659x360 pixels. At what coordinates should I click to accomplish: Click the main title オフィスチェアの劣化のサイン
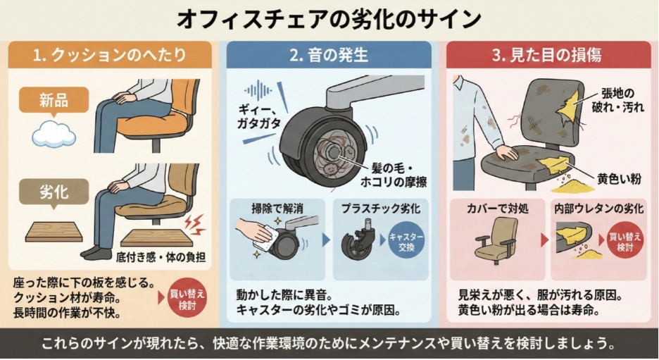click(329, 18)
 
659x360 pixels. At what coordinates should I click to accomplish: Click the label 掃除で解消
click(277, 209)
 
